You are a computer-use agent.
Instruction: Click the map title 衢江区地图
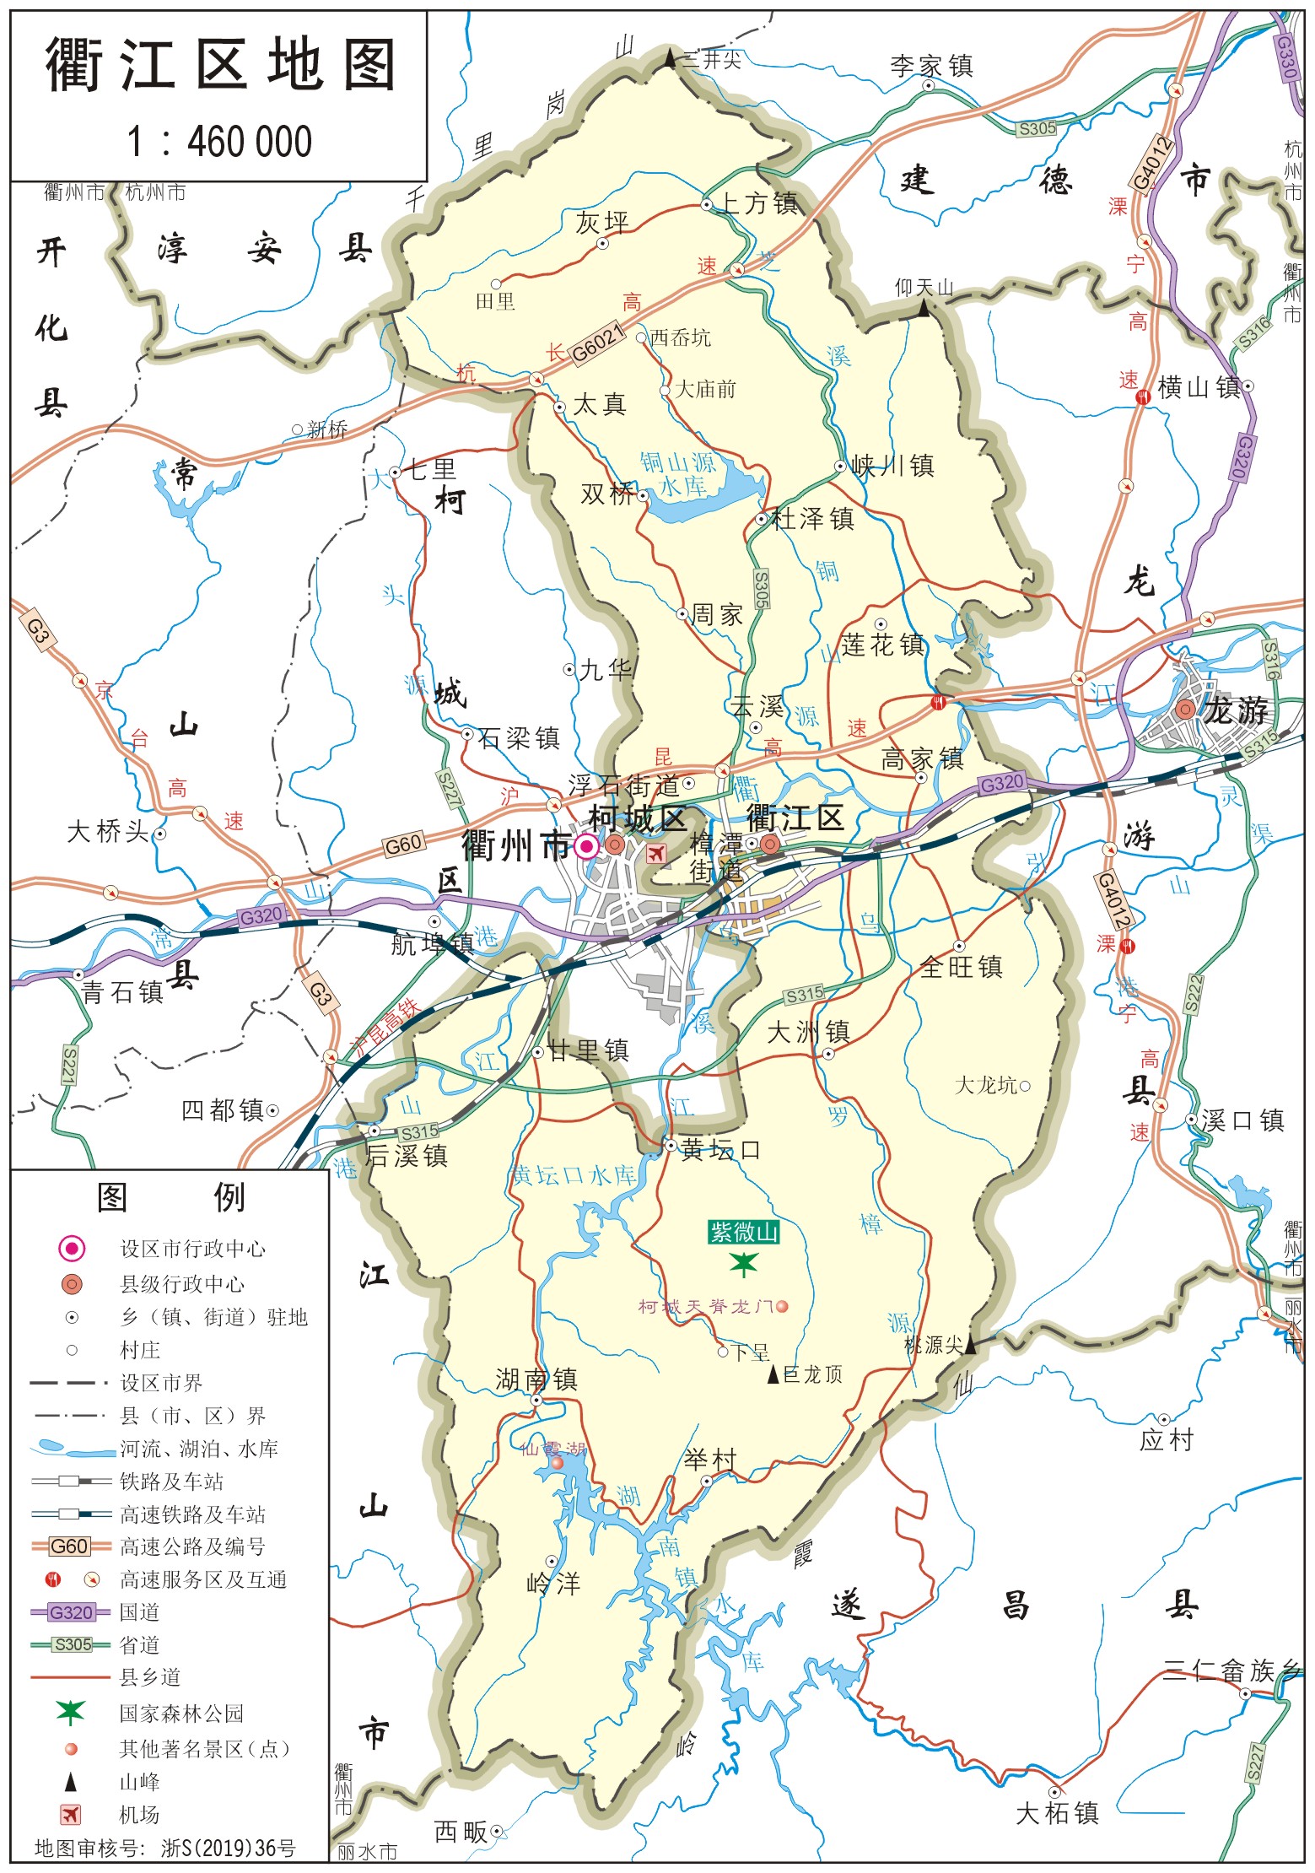tap(219, 66)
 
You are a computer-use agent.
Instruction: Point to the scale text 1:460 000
tap(219, 142)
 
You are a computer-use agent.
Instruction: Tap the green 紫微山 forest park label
tap(743, 1233)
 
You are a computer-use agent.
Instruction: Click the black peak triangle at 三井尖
tap(671, 58)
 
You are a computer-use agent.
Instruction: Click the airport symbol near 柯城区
tap(655, 853)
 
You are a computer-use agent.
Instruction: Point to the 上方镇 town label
tap(757, 203)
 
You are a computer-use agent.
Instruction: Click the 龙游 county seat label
tap(1236, 711)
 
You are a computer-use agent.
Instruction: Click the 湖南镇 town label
tap(536, 1379)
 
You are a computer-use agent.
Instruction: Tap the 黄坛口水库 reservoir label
tap(574, 1175)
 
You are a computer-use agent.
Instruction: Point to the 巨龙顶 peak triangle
tap(773, 1374)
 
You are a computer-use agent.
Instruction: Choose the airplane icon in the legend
tap(71, 1814)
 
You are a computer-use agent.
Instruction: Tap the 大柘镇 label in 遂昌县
tap(1057, 1813)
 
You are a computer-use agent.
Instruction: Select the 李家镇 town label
tap(931, 66)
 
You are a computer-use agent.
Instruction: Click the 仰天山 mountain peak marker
tap(924, 310)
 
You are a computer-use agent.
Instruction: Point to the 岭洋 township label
tap(553, 1584)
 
